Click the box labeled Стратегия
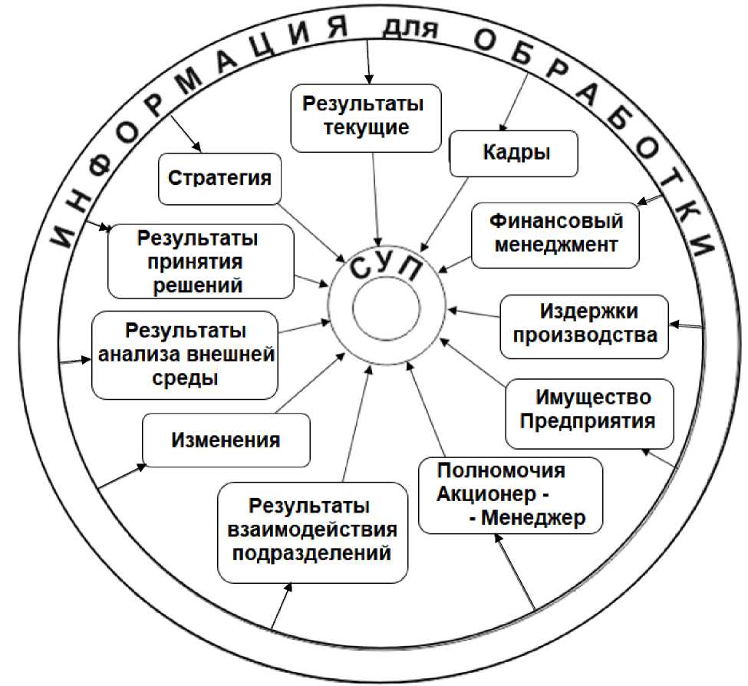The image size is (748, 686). click(x=219, y=178)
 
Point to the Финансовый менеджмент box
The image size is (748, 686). click(x=555, y=234)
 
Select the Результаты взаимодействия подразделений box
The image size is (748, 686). click(x=311, y=531)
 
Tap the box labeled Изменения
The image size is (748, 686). click(x=226, y=440)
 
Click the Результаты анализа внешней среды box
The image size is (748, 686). click(x=184, y=355)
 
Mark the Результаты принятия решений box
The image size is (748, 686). click(x=201, y=262)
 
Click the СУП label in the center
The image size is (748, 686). click(x=387, y=270)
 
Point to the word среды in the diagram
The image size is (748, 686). click(x=184, y=379)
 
